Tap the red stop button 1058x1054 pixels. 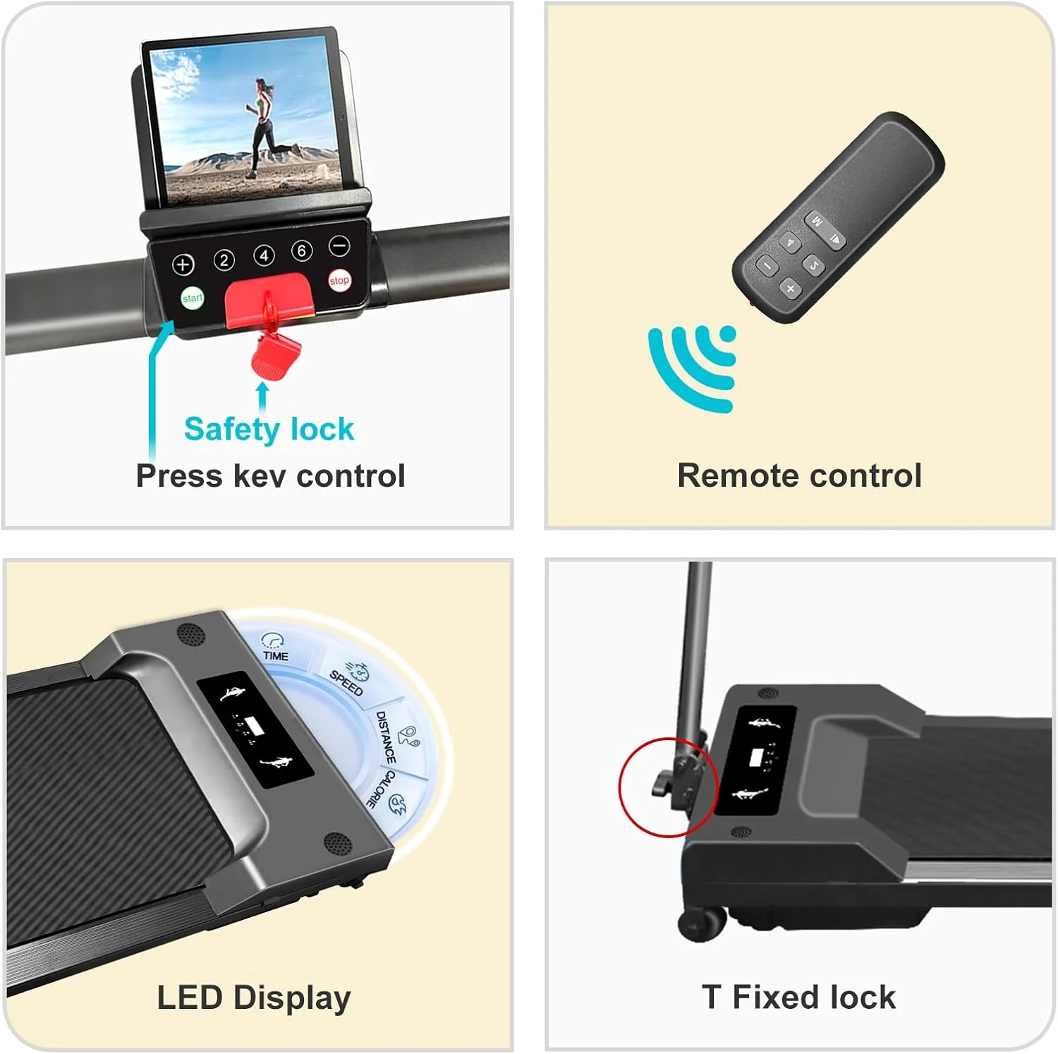[x=339, y=280]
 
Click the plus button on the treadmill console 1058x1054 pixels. [x=183, y=265]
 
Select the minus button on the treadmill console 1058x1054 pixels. [x=339, y=246]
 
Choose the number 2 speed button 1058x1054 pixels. [x=224, y=260]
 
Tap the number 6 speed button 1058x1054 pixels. [x=302, y=250]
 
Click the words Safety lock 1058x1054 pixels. [x=269, y=430]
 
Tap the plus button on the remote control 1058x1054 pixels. [x=790, y=288]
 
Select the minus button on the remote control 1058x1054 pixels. [x=767, y=266]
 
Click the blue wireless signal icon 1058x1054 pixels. [x=693, y=367]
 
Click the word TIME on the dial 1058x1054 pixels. [x=276, y=656]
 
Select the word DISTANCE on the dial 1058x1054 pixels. [x=386, y=737]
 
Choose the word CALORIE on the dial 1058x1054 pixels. [x=379, y=789]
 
